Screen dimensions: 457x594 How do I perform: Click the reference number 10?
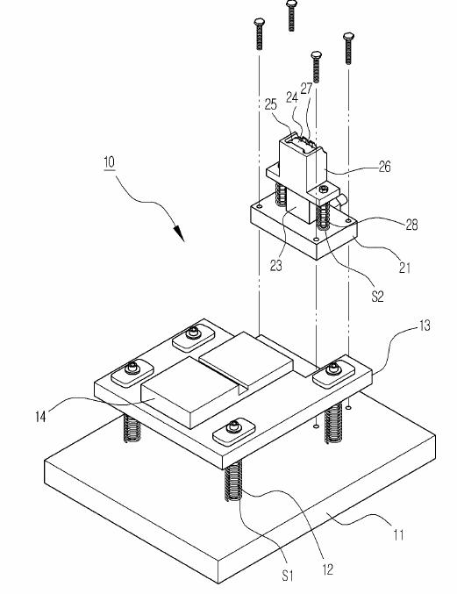click(x=109, y=162)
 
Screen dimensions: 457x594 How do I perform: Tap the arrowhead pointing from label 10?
click(x=180, y=233)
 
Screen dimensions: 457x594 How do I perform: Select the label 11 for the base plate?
click(x=399, y=535)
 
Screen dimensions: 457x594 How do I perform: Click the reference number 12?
click(x=328, y=569)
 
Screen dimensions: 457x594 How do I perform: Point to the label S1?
click(x=288, y=576)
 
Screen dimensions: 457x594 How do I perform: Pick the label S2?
click(x=377, y=297)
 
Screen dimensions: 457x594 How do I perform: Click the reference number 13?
click(x=425, y=326)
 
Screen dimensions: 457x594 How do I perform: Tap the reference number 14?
click(x=40, y=417)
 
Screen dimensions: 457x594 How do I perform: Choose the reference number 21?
click(x=404, y=268)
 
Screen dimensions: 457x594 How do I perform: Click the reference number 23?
click(x=276, y=266)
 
